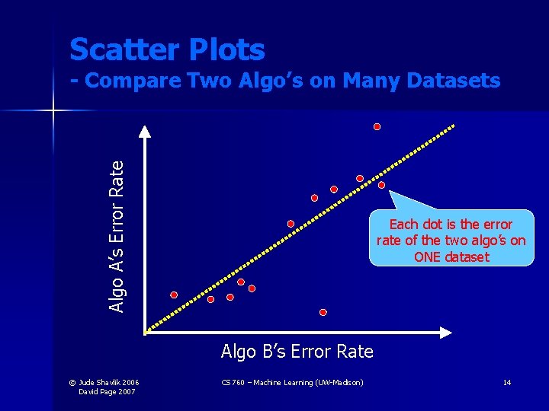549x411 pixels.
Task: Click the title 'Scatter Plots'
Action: click(x=167, y=50)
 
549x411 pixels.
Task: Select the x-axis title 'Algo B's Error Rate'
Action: click(x=297, y=351)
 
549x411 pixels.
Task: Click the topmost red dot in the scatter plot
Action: click(x=377, y=127)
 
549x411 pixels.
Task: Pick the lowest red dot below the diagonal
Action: click(x=323, y=312)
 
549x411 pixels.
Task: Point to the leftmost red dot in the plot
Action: click(x=174, y=295)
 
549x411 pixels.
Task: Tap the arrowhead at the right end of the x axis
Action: click(x=449, y=332)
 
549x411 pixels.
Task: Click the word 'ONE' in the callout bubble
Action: click(x=430, y=256)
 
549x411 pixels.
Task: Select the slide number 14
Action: click(x=506, y=382)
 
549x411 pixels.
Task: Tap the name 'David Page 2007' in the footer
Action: click(x=108, y=391)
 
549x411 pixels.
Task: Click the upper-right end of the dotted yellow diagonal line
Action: click(x=453, y=126)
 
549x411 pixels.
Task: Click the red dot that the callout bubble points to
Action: click(x=381, y=185)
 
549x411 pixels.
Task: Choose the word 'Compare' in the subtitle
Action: click(x=146, y=80)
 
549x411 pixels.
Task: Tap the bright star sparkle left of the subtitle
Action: click(x=53, y=111)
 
